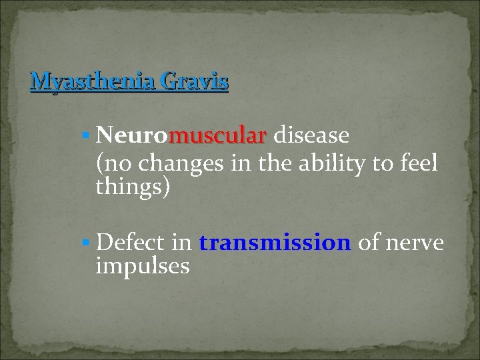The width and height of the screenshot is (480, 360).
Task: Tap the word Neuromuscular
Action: [x=181, y=136]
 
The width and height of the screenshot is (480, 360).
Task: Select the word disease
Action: [x=311, y=136]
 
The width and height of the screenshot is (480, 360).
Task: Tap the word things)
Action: [x=133, y=187]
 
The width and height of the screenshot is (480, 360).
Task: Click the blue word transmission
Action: [x=275, y=243]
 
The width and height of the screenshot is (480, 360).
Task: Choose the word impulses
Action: [x=143, y=267]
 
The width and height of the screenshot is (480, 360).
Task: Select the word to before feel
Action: [x=387, y=163]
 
